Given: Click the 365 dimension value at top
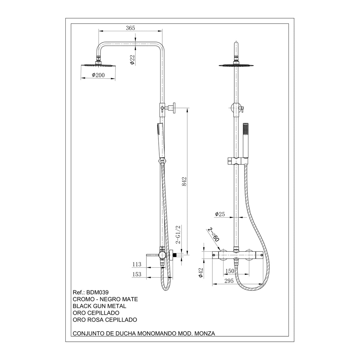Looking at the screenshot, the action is [130, 28].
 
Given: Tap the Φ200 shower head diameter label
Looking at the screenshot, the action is [98, 75].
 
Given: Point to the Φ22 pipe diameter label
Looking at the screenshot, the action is [132, 60].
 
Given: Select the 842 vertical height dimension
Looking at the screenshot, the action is [184, 181].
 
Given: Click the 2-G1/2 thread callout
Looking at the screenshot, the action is [178, 235].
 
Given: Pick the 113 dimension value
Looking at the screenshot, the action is [137, 264].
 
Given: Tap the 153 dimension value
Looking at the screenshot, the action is [137, 274].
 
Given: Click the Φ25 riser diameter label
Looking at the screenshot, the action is [220, 214].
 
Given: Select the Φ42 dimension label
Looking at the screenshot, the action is [201, 273].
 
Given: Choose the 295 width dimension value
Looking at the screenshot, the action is [229, 281].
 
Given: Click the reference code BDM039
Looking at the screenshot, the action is [97, 292].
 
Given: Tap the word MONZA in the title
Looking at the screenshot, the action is [205, 334].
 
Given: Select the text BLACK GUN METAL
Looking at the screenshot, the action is [99, 306].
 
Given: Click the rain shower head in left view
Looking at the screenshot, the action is [98, 64].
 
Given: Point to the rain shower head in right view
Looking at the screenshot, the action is [236, 65].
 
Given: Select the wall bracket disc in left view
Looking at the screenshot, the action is [174, 108].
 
